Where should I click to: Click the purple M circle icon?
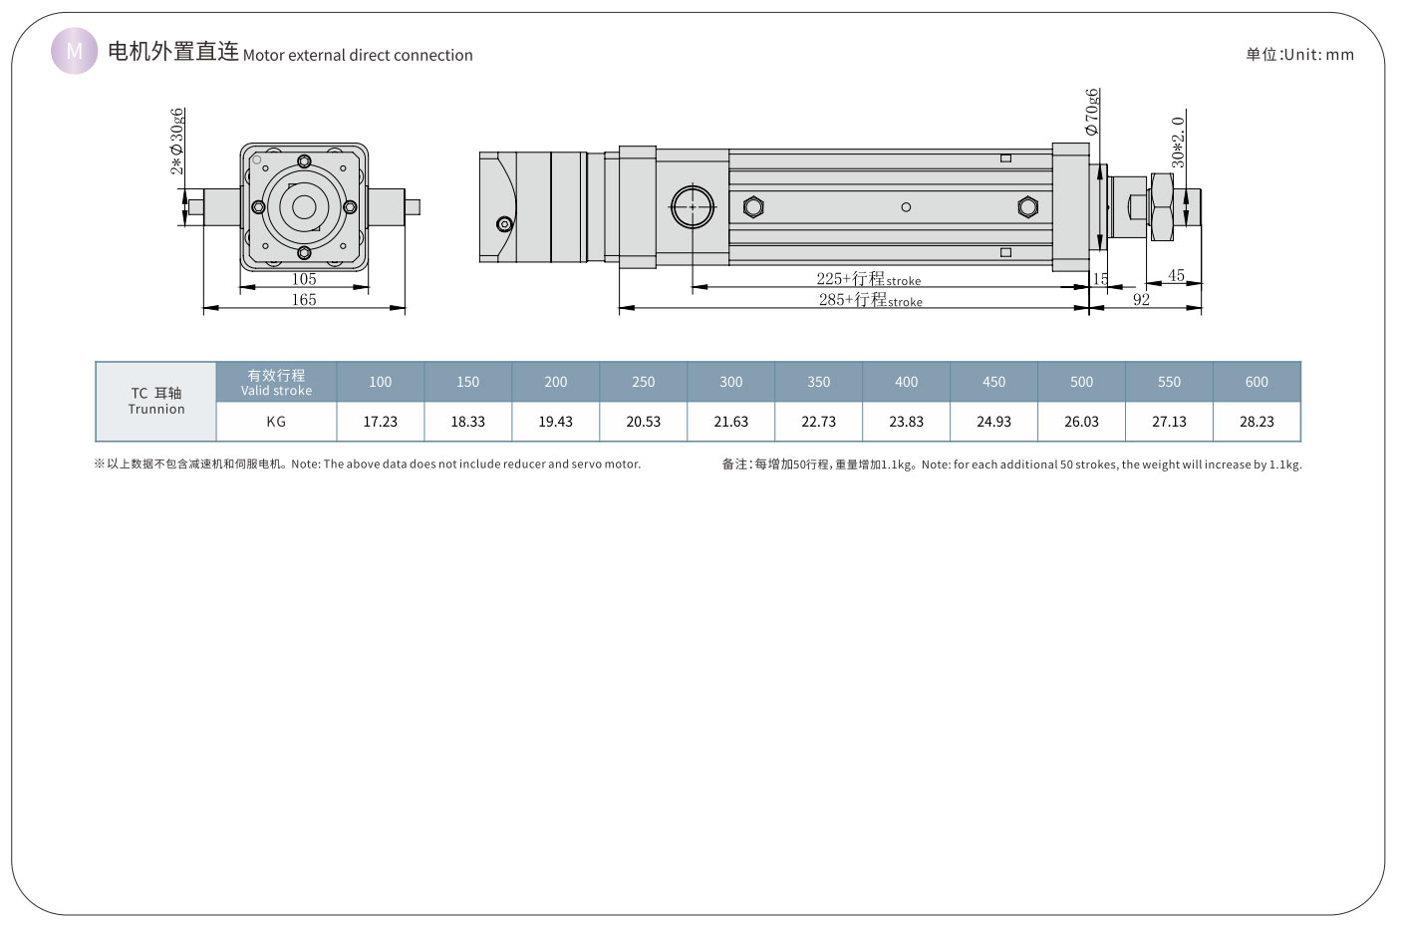pyautogui.click(x=75, y=51)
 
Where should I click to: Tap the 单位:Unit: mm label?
pyautogui.click(x=1299, y=55)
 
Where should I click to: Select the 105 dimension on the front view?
pyautogui.click(x=304, y=279)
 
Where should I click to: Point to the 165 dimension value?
pyautogui.click(x=304, y=299)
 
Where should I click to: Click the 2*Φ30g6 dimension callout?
pyautogui.click(x=177, y=141)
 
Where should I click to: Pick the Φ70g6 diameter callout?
pyautogui.click(x=1092, y=112)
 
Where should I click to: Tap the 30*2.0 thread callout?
pyautogui.click(x=1178, y=142)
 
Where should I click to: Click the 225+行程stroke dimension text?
pyautogui.click(x=868, y=279)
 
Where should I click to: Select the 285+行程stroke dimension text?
pyautogui.click(x=870, y=299)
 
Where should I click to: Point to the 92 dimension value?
pyautogui.click(x=1141, y=299)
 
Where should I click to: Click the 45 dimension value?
pyautogui.click(x=1176, y=276)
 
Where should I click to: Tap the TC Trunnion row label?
pyautogui.click(x=156, y=401)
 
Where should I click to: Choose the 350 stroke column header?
pyautogui.click(x=819, y=382)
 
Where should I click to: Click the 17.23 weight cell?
pyautogui.click(x=381, y=422)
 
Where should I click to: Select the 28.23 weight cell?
pyautogui.click(x=1257, y=422)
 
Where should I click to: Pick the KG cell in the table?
pyautogui.click(x=276, y=422)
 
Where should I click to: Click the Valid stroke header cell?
pyautogui.click(x=276, y=382)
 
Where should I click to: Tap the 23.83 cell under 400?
pyautogui.click(x=906, y=422)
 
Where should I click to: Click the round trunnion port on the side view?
pyautogui.click(x=694, y=207)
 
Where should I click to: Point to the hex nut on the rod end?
pyautogui.click(x=1162, y=207)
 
